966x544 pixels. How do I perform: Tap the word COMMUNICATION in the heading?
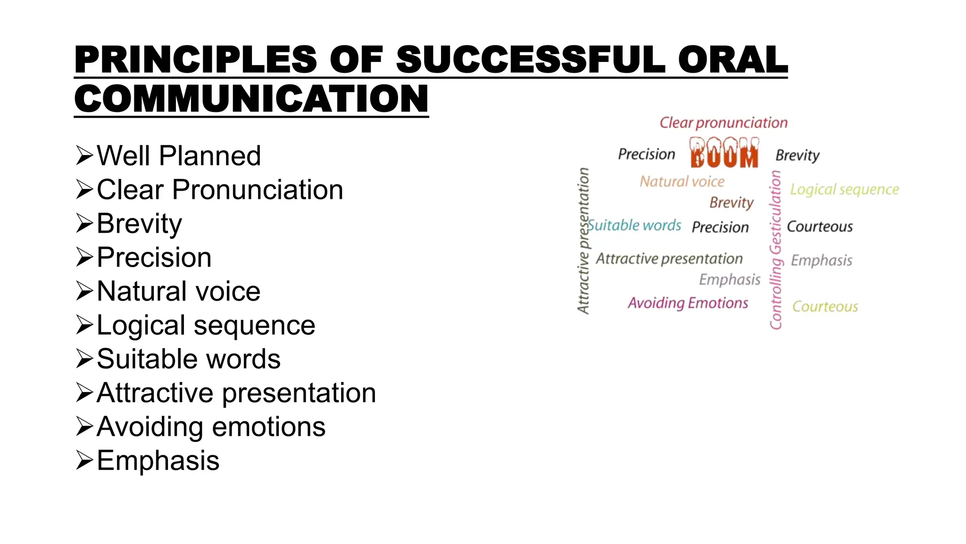[x=251, y=99]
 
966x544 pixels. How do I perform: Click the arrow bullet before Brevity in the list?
[x=84, y=223]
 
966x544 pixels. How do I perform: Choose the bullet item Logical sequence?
[x=206, y=325]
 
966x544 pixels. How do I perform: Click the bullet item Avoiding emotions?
[x=211, y=427]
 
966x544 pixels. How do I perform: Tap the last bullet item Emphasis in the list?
[x=158, y=460]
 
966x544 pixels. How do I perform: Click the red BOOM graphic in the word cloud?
[x=724, y=153]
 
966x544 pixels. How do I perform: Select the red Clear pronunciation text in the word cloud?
[x=723, y=123]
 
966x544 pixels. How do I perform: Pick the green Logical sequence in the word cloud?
[x=844, y=189]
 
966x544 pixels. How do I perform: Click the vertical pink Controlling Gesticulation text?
[x=775, y=250]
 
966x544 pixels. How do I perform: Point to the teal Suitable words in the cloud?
[x=635, y=225]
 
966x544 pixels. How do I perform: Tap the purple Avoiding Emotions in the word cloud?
[x=688, y=303]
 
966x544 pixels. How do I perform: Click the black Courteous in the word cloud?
[x=820, y=227]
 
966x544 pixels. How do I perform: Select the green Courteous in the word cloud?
[x=825, y=306]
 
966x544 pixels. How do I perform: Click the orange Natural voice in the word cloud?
[x=682, y=181]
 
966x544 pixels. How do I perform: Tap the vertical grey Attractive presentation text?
[x=583, y=241]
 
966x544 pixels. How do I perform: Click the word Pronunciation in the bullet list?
[x=258, y=190]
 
